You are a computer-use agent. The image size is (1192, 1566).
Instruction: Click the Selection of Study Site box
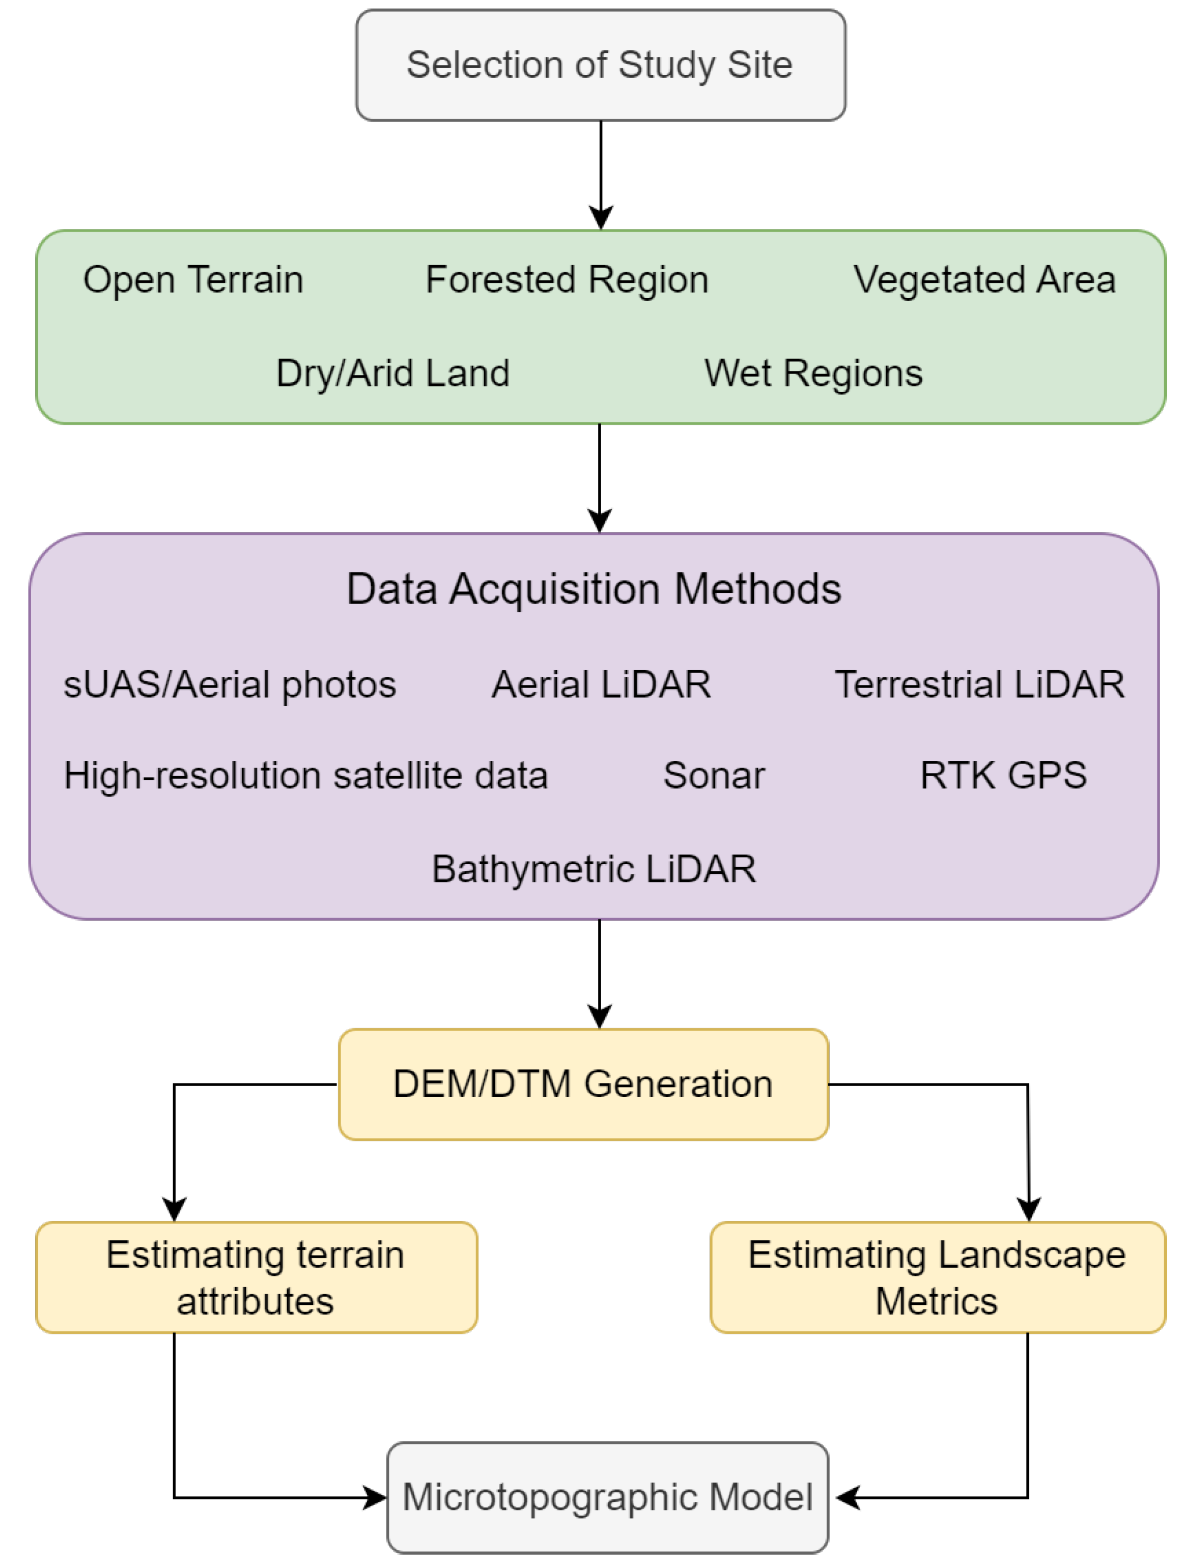[x=601, y=65]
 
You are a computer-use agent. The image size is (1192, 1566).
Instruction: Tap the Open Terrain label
[x=193, y=279]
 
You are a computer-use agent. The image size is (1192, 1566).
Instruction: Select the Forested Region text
[x=567, y=279]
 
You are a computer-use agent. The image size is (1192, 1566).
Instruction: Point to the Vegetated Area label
[x=984, y=279]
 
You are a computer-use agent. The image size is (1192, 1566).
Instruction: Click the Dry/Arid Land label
[x=392, y=373]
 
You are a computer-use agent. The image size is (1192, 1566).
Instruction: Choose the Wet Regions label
[x=813, y=373]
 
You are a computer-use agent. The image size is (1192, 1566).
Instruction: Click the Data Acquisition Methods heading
[x=594, y=589]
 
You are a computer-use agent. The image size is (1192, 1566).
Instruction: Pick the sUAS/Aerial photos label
[x=229, y=685]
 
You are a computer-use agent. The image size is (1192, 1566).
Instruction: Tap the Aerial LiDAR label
[x=601, y=685]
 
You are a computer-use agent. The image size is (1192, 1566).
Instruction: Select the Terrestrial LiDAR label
[x=979, y=685]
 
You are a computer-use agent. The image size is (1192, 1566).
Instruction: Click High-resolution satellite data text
[x=306, y=776]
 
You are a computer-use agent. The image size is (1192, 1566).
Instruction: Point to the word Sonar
[x=714, y=776]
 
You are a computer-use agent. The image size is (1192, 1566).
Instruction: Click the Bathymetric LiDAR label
[x=594, y=869]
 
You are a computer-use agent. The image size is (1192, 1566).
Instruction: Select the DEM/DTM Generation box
[x=584, y=1084]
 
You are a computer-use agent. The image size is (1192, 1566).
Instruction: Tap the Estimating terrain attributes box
[x=256, y=1277]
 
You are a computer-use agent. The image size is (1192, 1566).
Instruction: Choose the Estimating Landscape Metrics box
[x=937, y=1277]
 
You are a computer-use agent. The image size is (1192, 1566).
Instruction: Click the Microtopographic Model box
[x=607, y=1498]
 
